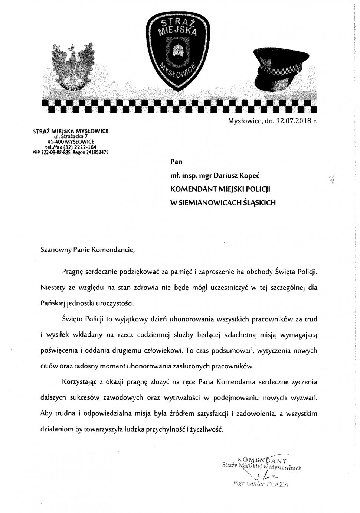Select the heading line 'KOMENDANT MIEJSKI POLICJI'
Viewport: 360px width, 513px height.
(x=220, y=189)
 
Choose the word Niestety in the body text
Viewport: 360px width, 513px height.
(x=52, y=288)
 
